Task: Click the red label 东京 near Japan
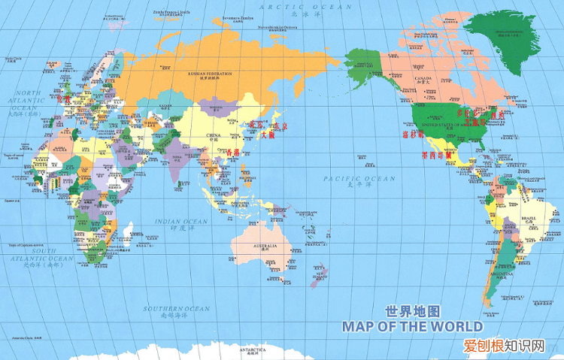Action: click(280, 126)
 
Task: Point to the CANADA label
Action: click(420, 77)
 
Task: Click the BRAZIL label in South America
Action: click(528, 219)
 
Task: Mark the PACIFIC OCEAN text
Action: click(369, 179)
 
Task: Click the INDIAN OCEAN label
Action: click(180, 222)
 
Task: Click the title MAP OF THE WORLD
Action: click(413, 327)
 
